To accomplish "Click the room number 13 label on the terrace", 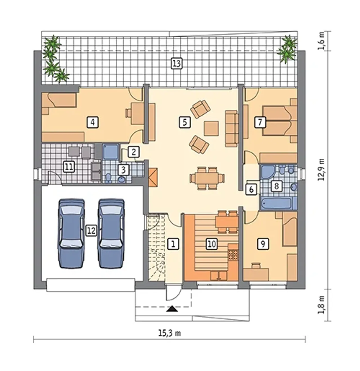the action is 176,64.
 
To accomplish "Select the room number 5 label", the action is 185,122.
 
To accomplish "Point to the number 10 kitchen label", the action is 212,244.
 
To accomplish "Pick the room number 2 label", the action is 134,152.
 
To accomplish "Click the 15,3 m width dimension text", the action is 169,334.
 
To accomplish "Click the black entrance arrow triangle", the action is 172,309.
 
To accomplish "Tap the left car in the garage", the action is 71,233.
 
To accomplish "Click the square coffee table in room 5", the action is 211,129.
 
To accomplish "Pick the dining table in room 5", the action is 207,178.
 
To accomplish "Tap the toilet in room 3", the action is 108,178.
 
